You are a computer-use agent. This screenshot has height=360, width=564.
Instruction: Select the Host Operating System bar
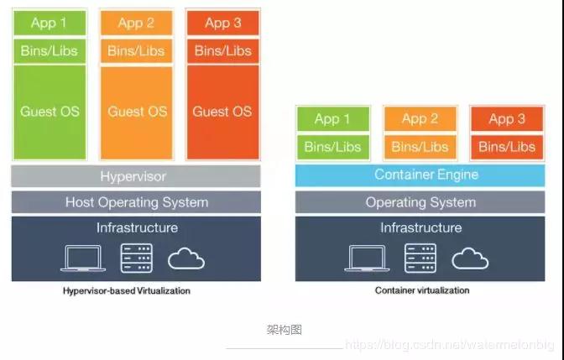136,202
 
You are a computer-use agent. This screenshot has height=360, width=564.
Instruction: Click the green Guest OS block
50,112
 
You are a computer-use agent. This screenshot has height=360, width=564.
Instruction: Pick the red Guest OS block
222,112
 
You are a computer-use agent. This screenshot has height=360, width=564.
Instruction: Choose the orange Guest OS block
137,112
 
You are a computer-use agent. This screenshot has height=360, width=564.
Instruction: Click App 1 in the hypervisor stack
50,23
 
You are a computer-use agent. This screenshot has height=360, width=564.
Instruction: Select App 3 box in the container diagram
507,119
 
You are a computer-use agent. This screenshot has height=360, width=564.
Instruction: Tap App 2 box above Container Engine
420,119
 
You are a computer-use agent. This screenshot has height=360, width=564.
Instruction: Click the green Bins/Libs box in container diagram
332,147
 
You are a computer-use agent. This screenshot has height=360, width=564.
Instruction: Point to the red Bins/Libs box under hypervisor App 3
222,51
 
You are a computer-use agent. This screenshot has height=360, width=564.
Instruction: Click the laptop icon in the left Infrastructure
83,258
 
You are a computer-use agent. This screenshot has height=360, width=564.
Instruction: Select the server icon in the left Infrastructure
136,258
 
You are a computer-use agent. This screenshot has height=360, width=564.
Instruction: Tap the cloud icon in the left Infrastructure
186,258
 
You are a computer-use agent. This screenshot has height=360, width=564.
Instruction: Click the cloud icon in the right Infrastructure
470,258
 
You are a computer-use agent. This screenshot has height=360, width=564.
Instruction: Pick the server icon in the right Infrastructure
420,258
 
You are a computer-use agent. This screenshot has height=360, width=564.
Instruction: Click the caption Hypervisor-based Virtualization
127,291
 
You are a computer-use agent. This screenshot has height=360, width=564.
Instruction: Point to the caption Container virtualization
421,291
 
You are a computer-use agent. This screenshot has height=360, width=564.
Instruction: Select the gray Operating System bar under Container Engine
420,202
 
